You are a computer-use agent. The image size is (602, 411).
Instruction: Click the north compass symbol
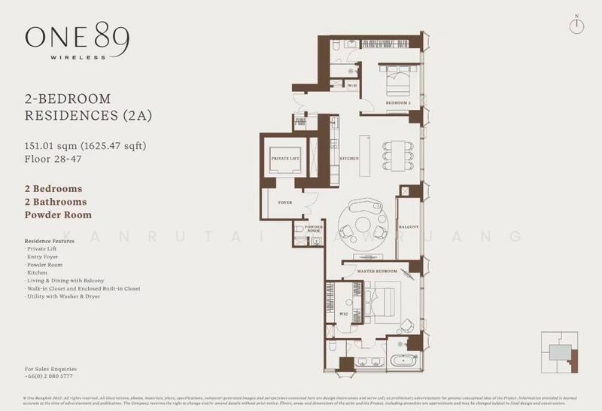click(x=576, y=23)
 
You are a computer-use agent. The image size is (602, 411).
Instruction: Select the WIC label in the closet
click(x=343, y=313)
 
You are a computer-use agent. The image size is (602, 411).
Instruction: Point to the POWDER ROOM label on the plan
click(x=315, y=229)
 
